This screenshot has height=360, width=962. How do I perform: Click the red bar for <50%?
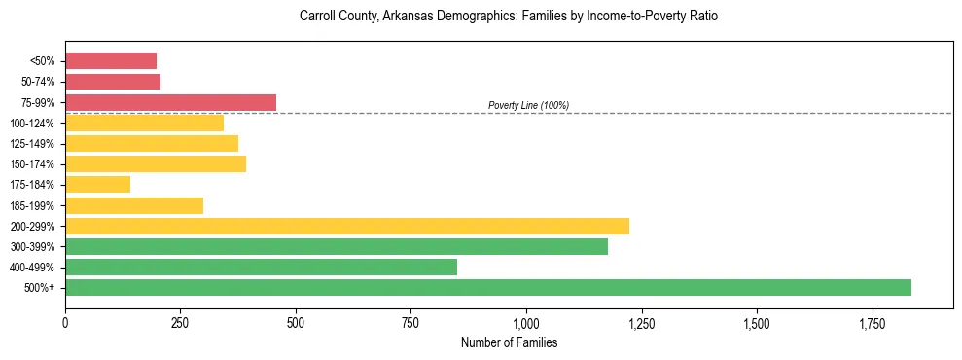(111, 61)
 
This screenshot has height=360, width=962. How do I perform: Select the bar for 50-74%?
(113, 82)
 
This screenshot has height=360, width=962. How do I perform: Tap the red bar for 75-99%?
(170, 102)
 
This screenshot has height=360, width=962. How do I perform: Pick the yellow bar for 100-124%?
(144, 123)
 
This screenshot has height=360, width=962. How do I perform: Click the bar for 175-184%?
(97, 184)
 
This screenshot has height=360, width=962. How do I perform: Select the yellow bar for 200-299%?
(347, 226)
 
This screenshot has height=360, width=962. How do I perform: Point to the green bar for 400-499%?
(261, 267)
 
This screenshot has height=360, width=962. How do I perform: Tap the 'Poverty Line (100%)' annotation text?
(528, 105)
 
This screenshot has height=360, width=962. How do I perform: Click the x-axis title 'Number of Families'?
(509, 342)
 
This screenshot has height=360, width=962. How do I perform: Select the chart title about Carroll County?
(509, 18)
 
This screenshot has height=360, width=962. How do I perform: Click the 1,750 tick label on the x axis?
(757, 323)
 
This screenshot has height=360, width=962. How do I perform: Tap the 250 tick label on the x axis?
(180, 323)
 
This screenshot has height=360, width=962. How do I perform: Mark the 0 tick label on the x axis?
(65, 323)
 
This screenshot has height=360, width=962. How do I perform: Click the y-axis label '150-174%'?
(33, 164)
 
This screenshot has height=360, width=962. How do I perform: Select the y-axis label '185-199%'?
(33, 205)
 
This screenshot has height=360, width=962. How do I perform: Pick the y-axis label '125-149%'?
(33, 144)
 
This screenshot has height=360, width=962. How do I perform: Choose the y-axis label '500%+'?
(40, 288)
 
